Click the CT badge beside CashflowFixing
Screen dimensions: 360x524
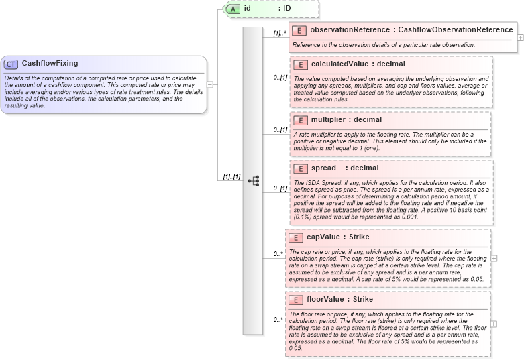11,64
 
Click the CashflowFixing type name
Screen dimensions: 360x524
50,64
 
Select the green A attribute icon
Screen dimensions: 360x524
233,9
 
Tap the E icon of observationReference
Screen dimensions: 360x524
301,30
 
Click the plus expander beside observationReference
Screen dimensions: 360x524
521,37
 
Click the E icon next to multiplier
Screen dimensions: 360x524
301,120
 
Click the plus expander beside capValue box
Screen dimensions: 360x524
494,257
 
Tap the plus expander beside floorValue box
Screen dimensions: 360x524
494,323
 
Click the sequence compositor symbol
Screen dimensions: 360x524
254,180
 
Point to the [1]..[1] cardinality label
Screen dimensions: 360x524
228,176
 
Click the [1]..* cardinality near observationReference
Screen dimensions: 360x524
280,32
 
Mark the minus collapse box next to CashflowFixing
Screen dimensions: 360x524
210,84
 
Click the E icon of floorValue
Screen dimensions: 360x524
295,300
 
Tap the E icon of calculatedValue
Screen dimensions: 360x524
301,64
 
